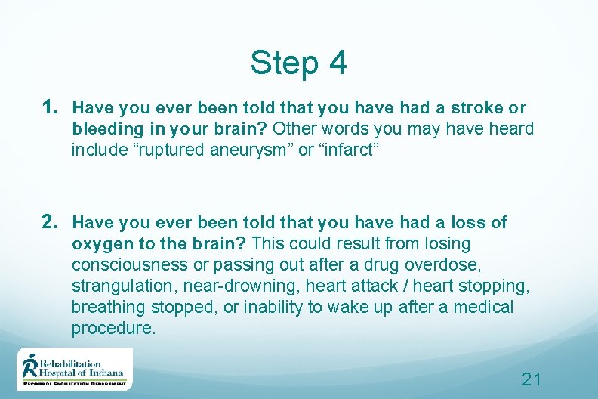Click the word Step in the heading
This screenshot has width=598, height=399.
[x=285, y=63]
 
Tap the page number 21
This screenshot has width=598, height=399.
[x=532, y=379]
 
